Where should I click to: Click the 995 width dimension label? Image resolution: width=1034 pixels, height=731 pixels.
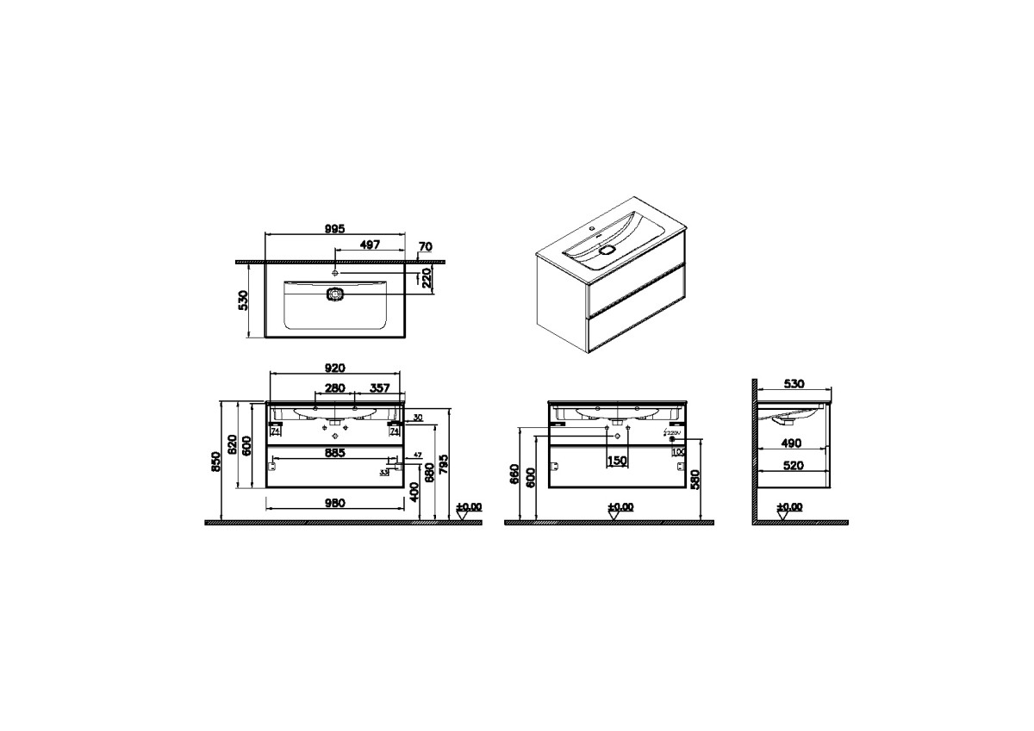point(334,228)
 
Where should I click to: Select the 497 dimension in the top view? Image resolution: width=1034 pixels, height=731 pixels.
point(370,245)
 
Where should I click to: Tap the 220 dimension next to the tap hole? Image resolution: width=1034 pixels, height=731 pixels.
point(425,277)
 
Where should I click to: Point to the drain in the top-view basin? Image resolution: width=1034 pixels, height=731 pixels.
point(334,294)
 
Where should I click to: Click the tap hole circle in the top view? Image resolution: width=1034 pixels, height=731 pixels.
point(334,273)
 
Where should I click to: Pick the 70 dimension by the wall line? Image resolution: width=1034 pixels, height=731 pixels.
point(424,247)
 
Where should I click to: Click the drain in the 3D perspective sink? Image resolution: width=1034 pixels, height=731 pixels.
point(608,250)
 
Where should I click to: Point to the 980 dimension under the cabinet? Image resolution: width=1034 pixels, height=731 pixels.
point(334,503)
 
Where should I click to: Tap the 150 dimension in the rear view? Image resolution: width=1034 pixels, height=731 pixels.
point(617,461)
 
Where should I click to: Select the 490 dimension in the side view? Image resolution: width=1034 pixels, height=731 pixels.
point(791,443)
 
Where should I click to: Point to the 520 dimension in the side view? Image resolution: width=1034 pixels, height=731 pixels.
point(791,465)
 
